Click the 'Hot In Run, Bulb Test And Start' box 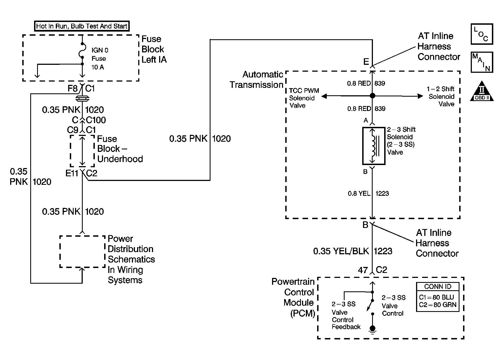coord(82,26)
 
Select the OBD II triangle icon coord(482,91)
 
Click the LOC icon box coord(482,34)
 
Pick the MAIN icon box coord(482,62)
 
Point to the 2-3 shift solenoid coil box coord(374,146)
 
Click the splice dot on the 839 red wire coord(372,96)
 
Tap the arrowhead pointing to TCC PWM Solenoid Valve coord(324,96)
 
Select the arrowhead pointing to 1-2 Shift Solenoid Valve coord(420,96)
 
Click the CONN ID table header coord(438,287)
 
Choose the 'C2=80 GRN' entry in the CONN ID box coord(437,305)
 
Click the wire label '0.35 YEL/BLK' coord(341,251)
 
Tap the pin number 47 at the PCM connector coord(363,270)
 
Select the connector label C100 coord(96,120)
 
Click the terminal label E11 coord(72,173)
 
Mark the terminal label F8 coord(73,88)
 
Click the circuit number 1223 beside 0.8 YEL coord(382,194)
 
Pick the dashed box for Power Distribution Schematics coord(82,251)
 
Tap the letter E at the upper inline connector coord(366,62)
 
